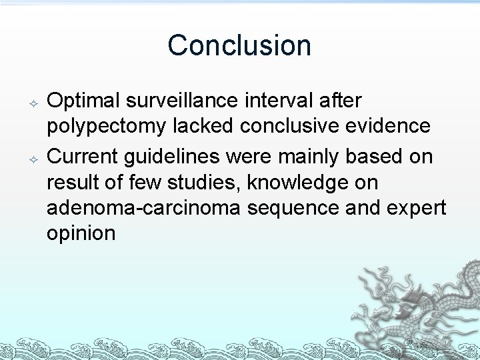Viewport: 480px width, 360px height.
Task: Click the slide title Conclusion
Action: click(x=239, y=45)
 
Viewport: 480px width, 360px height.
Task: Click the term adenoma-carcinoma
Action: click(x=144, y=208)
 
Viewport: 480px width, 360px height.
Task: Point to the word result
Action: click(x=71, y=182)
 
